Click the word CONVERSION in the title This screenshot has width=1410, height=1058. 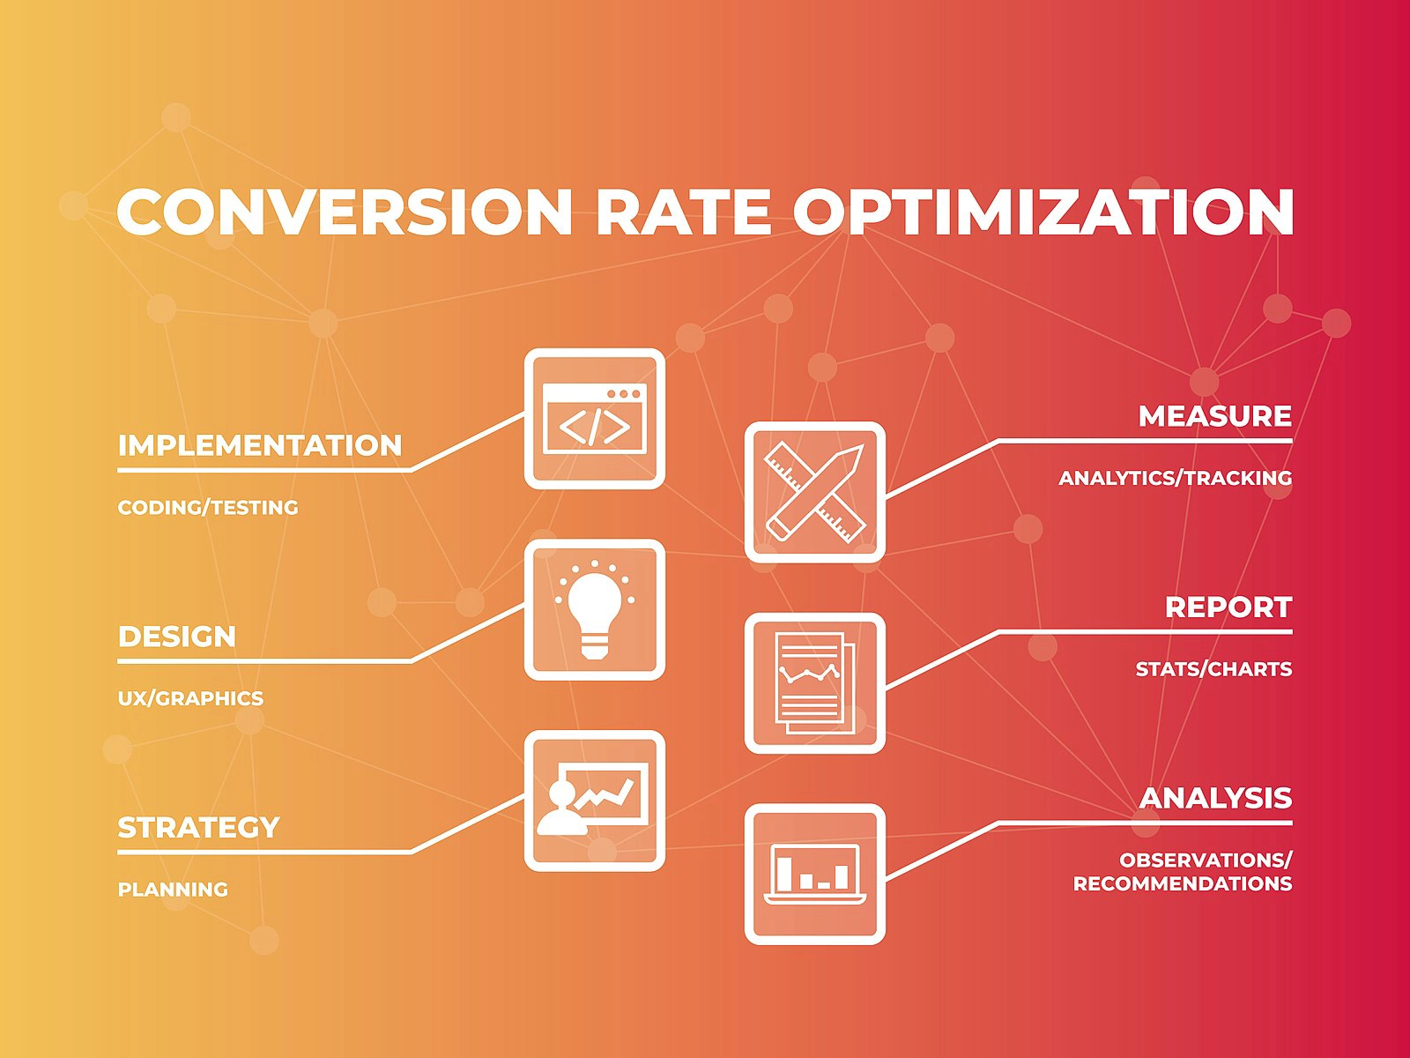[344, 212]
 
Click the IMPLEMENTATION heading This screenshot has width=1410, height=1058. [260, 445]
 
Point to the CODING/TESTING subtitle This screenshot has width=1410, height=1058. [208, 507]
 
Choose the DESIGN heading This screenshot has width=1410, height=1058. [177, 637]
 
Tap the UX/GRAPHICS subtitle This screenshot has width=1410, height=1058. [190, 698]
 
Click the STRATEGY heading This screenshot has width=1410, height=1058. [198, 828]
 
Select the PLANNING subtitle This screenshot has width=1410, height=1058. [173, 890]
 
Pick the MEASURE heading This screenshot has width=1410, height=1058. [1214, 416]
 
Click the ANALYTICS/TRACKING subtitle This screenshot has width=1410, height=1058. [1175, 478]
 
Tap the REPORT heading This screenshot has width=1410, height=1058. [1228, 607]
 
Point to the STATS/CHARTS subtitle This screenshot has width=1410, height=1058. [1213, 669]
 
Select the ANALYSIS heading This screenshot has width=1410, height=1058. [1215, 799]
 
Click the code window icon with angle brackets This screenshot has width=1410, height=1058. [595, 419]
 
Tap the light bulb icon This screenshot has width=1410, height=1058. [595, 610]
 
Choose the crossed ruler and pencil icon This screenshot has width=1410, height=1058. [815, 492]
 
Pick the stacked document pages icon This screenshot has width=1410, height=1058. [815, 683]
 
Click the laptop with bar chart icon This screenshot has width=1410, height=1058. [815, 874]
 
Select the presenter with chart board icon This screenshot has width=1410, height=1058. [595, 801]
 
